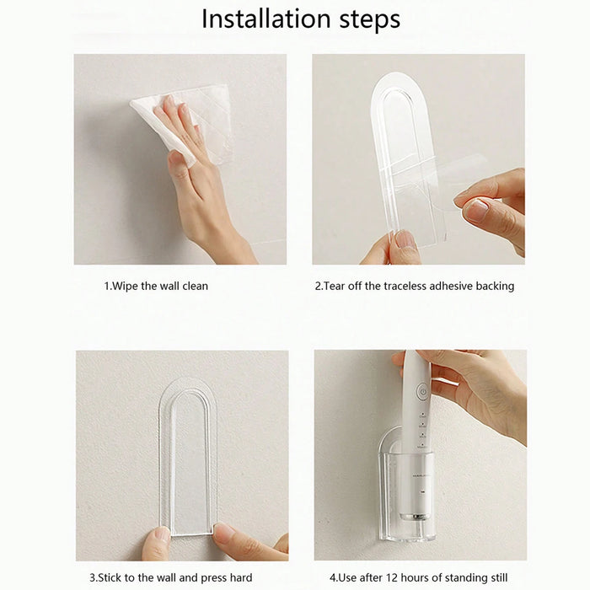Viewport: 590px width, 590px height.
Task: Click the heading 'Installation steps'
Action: pyautogui.click(x=300, y=19)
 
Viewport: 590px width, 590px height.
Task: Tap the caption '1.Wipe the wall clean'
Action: pyautogui.click(x=156, y=286)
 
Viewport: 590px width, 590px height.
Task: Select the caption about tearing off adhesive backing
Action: pyautogui.click(x=414, y=286)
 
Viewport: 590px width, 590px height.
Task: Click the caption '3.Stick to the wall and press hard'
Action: pyautogui.click(x=164, y=577)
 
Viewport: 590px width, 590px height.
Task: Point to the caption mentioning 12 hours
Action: pyautogui.click(x=418, y=577)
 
